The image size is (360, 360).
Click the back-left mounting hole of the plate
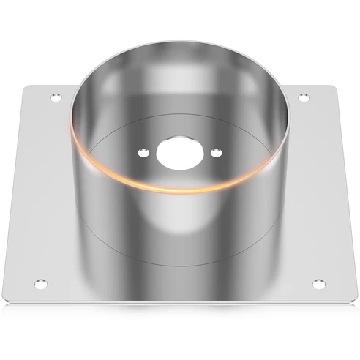(53, 97)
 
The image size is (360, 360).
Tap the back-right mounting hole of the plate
(304, 97)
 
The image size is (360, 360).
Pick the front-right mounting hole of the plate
(318, 282)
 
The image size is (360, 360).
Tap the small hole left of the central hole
(142, 152)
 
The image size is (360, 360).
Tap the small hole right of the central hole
(216, 152)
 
